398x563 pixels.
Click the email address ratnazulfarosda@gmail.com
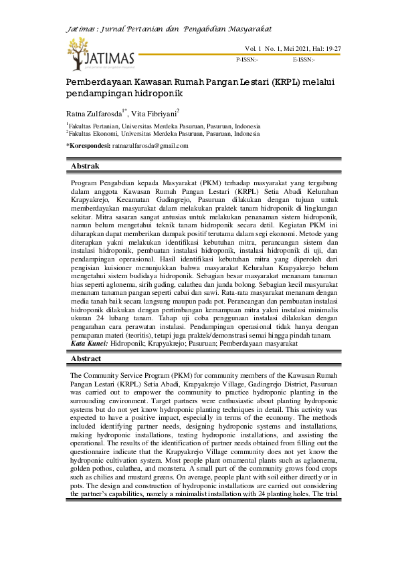pyautogui.click(x=150, y=145)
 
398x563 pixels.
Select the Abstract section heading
pyautogui.click(x=86, y=359)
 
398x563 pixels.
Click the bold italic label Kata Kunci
pyautogui.click(x=89, y=343)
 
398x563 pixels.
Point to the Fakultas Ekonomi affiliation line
pyautogui.click(x=164, y=134)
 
